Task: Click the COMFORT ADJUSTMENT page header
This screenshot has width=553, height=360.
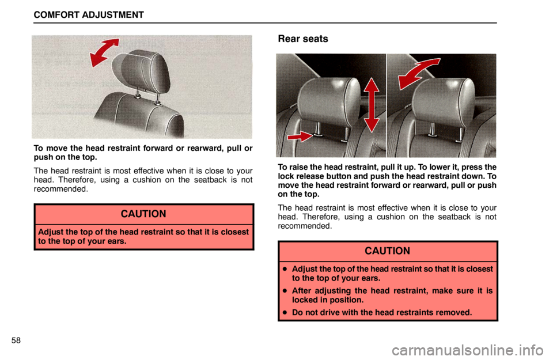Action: click(x=89, y=15)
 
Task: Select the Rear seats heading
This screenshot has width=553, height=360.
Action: click(x=303, y=39)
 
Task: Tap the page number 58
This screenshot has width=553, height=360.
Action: click(x=16, y=340)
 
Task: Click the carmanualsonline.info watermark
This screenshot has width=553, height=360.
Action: click(x=468, y=350)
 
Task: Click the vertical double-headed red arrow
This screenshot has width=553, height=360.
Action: click(x=372, y=105)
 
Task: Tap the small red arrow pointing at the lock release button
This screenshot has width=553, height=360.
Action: click(x=300, y=136)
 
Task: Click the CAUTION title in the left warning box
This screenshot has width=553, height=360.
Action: click(x=143, y=214)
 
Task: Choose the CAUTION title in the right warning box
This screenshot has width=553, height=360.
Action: click(x=387, y=251)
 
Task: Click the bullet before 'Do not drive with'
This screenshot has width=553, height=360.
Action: click(x=284, y=312)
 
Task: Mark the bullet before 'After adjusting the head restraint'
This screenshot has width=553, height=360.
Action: click(x=284, y=291)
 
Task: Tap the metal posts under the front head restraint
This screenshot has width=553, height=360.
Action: click(x=147, y=97)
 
